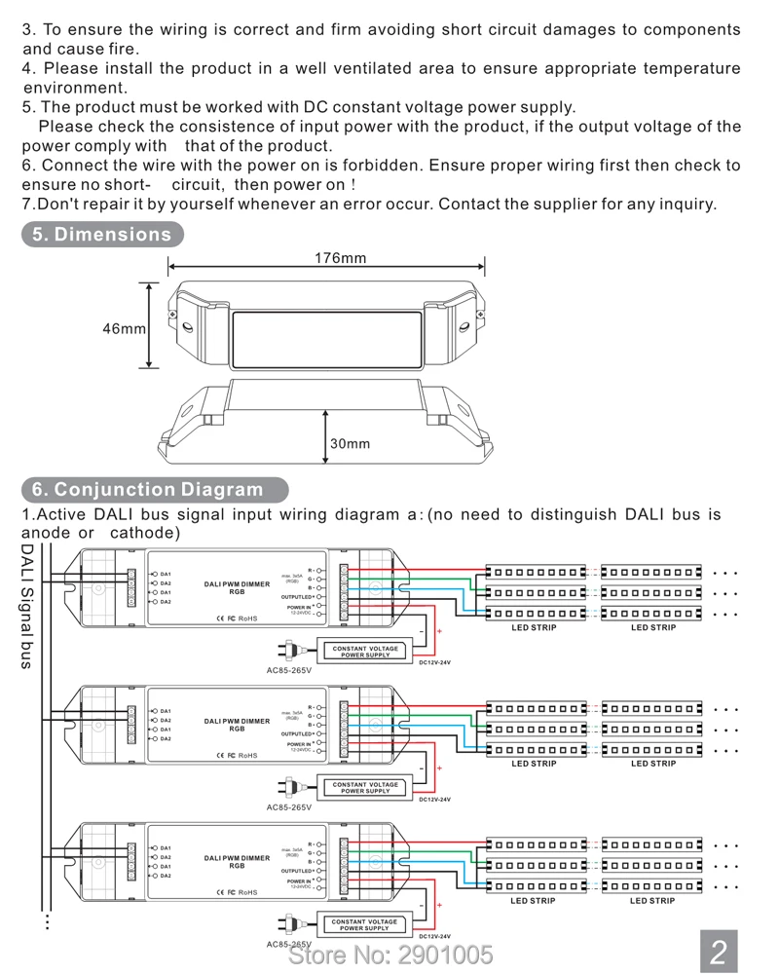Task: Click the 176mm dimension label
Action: click(340, 258)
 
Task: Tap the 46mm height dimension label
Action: click(124, 328)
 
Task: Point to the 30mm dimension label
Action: click(350, 443)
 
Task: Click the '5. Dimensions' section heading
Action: click(101, 234)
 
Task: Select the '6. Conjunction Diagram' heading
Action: click(147, 489)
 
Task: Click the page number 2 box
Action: click(719, 952)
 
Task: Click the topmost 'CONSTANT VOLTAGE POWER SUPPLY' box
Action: click(365, 652)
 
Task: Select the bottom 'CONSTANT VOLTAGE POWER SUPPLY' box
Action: click(365, 924)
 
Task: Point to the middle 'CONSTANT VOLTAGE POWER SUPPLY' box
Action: click(365, 788)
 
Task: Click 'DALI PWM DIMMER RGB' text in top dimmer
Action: click(237, 587)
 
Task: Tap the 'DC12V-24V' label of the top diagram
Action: click(434, 662)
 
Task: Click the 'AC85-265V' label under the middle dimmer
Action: click(289, 806)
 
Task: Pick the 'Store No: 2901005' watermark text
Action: click(390, 954)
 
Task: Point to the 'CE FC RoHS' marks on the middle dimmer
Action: click(236, 755)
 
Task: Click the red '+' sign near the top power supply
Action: click(439, 632)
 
